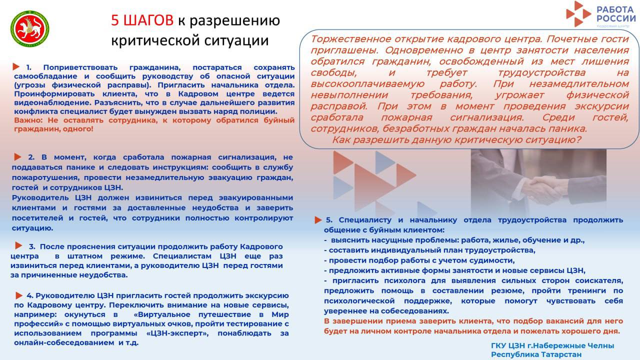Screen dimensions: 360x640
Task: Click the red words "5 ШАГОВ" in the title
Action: [142, 20]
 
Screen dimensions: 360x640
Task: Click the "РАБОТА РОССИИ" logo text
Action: [616, 13]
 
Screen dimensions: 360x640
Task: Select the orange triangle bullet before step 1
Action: [16, 66]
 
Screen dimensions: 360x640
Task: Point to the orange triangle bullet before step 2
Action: [18, 157]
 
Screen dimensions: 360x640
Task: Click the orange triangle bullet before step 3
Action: [18, 245]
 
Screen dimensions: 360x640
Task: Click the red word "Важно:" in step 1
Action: [27, 120]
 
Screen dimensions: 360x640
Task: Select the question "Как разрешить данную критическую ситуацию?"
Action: [456, 140]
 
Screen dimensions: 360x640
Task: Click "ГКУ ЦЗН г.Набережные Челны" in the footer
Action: [552, 345]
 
